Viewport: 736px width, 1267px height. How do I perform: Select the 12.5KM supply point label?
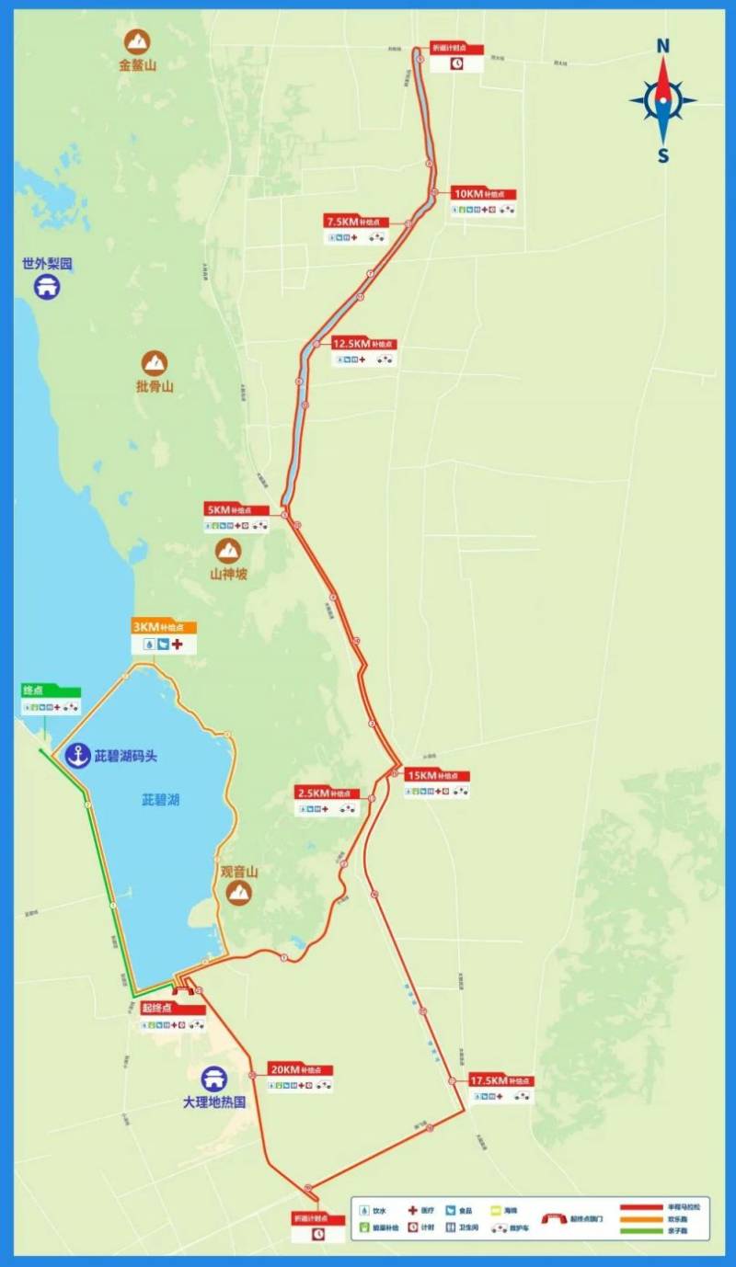(x=364, y=343)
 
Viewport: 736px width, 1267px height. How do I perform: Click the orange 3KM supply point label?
(x=164, y=627)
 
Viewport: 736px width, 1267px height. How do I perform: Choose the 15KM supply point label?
(x=437, y=775)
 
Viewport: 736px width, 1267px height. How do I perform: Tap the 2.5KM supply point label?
(x=327, y=793)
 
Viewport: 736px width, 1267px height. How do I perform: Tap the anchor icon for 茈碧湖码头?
(x=78, y=756)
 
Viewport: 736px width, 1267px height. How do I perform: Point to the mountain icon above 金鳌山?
(x=138, y=40)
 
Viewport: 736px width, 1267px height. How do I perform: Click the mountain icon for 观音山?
(x=239, y=892)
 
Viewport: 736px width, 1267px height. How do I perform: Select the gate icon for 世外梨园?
(x=47, y=287)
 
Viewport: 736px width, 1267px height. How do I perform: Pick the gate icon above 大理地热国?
(x=214, y=1077)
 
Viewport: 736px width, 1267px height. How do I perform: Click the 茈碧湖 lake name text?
(x=160, y=800)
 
